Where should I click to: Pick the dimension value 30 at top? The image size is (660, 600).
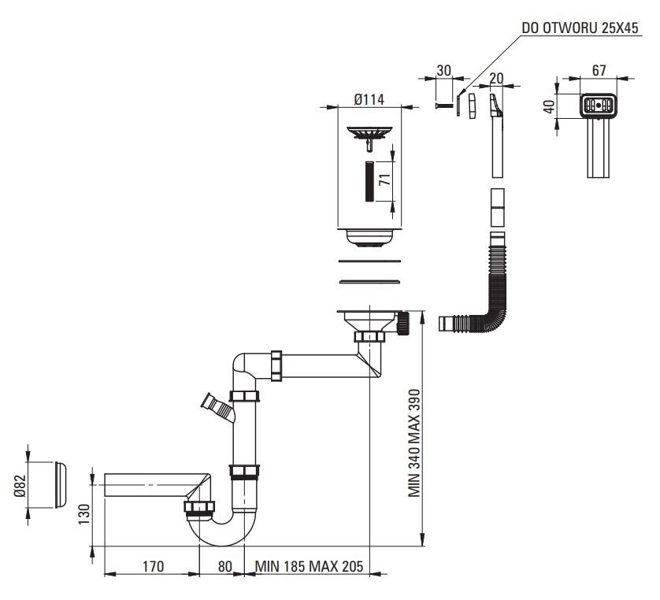point(443,70)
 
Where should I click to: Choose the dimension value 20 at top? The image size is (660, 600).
point(496,77)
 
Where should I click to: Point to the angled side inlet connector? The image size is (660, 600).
point(217,406)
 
